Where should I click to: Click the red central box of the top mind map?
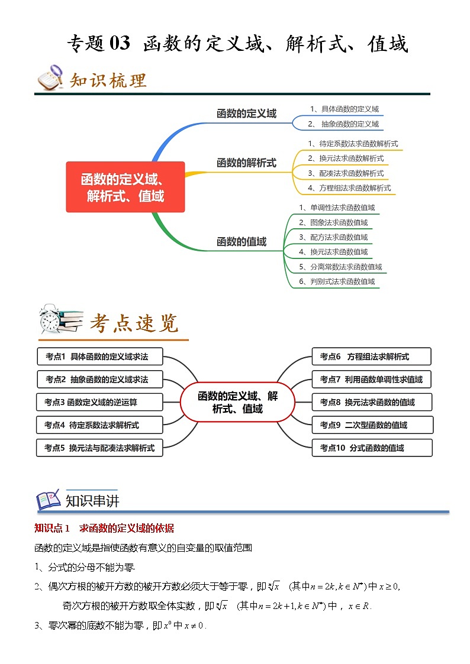coord(125,187)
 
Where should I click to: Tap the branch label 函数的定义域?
coord(246,114)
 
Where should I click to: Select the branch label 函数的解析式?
coord(246,163)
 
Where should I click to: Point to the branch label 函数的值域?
coord(242,241)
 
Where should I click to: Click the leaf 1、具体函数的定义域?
coord(344,109)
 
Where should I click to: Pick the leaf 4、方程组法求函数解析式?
coord(349,188)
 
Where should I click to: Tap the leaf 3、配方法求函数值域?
coord(333,237)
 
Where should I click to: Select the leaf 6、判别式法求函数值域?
coord(337,281)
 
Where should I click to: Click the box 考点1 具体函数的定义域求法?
coord(99,357)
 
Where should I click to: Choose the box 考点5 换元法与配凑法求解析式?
coord(99,448)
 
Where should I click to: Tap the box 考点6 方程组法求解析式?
coord(371,357)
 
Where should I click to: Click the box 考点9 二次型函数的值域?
coord(372,425)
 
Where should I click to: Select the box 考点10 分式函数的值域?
coord(372,448)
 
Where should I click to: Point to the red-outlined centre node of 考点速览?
coord(237,402)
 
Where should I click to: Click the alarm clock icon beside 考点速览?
coord(49,319)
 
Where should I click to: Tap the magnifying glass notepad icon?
coord(50,77)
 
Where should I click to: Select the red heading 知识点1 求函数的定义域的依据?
coord(104,528)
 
